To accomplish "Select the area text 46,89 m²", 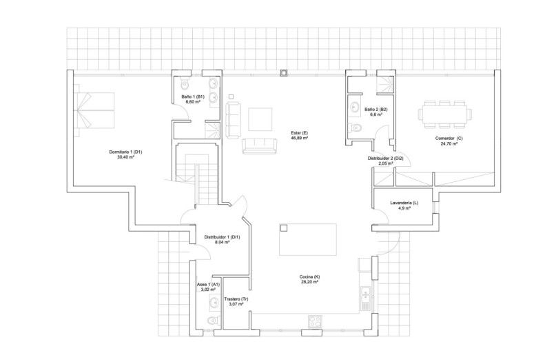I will tap(299, 138).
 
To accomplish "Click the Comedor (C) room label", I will tap(449, 139).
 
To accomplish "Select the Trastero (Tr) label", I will tap(236, 299).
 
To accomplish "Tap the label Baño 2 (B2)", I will tap(376, 110).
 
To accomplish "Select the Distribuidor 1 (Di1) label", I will tap(222, 238).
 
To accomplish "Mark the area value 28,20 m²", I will tap(310, 282).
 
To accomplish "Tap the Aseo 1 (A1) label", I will tap(208, 284).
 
